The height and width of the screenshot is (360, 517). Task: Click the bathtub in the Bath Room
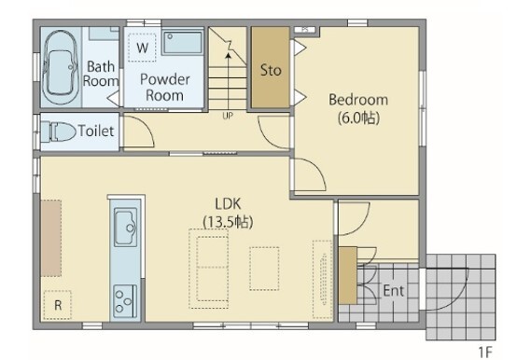point(61,67)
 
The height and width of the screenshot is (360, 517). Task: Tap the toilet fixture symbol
point(59,132)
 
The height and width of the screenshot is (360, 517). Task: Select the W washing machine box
point(142,48)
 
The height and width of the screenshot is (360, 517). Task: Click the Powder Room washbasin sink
point(182,42)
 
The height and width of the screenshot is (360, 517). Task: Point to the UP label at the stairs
point(228,116)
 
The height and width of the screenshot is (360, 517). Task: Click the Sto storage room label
point(271,70)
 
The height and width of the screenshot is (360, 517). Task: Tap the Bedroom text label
point(358,100)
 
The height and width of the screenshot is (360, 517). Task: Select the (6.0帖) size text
point(358,118)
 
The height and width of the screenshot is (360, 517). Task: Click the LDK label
point(228,204)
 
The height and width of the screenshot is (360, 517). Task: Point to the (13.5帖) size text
point(228,222)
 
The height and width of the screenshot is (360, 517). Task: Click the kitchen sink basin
point(126,227)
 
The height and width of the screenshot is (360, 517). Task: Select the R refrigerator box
point(58,305)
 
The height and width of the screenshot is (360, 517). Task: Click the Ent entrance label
point(394,291)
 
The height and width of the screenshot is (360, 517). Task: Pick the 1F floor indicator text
point(485,353)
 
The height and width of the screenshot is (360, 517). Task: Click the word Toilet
point(96,132)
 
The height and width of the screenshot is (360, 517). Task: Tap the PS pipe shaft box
point(305,30)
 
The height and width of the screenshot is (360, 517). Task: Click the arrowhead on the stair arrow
point(228,56)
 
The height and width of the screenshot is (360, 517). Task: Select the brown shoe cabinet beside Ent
point(348,275)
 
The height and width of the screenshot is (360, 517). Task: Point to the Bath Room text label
point(101,74)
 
